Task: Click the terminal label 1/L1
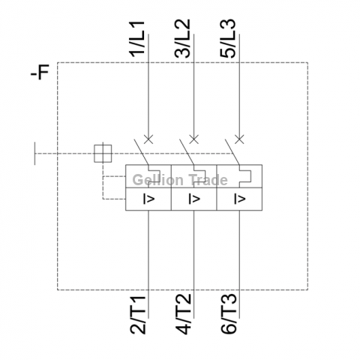136,39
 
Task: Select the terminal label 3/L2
182,39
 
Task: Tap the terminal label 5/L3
228,39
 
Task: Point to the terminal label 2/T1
138,315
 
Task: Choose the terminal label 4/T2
183,314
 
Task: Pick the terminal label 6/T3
229,314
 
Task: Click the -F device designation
40,72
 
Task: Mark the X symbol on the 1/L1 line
148,139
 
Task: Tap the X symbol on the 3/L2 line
194,139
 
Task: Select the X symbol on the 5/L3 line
239,139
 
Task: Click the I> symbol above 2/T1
148,199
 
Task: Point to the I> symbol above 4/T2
194,199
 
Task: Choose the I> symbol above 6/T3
239,199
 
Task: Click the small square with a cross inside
103,154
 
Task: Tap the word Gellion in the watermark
158,180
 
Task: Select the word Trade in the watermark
208,179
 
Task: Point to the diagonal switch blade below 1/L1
141,152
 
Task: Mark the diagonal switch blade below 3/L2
187,152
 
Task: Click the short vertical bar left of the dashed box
34,154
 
